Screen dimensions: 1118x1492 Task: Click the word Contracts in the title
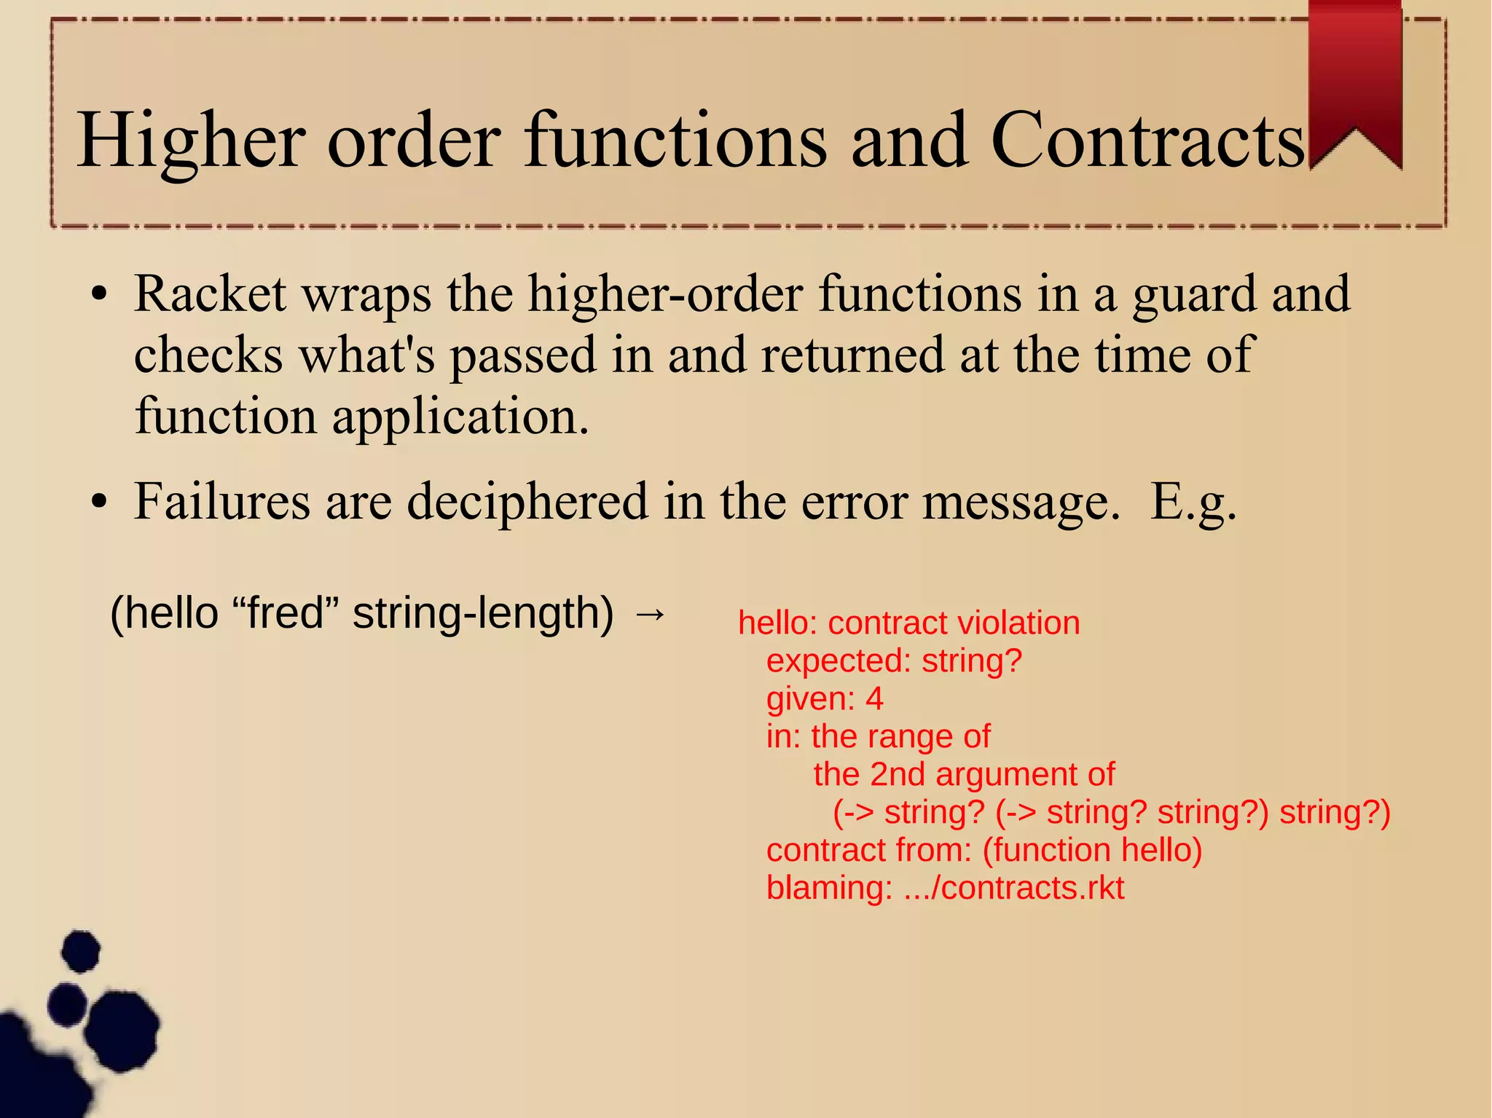coord(1148,140)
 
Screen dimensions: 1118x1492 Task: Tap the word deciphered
coord(527,503)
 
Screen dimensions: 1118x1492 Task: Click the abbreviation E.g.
coord(1193,503)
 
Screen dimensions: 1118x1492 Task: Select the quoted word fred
coord(286,613)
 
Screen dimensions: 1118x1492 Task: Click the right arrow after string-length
coord(650,613)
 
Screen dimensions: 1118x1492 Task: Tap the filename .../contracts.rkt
coord(1014,888)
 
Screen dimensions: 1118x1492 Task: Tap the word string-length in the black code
coord(483,613)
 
